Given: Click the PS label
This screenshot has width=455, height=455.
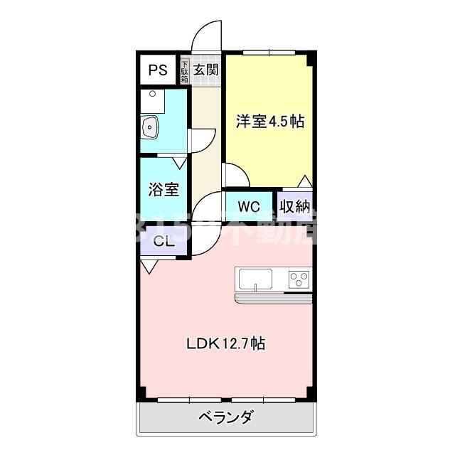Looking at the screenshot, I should [x=158, y=70].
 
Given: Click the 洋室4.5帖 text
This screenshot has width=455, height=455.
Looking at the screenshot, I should [x=270, y=122].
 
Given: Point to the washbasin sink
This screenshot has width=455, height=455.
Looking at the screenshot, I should [x=150, y=129].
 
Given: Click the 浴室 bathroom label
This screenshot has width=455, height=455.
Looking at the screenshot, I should [x=163, y=190].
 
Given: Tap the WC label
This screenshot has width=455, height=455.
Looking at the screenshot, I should [x=248, y=207].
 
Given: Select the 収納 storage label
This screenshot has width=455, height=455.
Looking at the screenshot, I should [x=294, y=207].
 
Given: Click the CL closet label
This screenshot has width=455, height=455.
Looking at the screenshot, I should [x=164, y=242].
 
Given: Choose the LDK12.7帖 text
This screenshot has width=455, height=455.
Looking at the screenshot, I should [x=226, y=344].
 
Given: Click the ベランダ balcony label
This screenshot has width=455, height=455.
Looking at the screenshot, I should [x=225, y=417].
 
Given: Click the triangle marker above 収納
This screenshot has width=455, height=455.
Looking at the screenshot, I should [x=305, y=181].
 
